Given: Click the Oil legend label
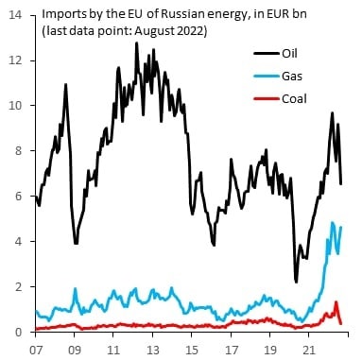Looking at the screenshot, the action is coord(289,53).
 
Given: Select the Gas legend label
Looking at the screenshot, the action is coord(292,76).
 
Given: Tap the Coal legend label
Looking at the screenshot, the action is coord(294,99).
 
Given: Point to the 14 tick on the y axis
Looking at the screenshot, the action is coord(15,15).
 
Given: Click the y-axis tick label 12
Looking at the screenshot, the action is coord(15,60).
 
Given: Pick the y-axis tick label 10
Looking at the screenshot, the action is coord(15,106).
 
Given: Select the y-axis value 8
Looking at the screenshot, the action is coord(19,150).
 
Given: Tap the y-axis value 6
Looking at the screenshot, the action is coord(19,196).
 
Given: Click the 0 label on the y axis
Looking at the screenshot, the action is coord(19,332).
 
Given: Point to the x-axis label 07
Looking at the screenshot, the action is coord(35,350).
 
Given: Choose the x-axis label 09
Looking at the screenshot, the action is coord(75,350).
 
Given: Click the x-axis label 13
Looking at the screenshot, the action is coord(153,350).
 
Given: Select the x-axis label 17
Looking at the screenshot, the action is coord(231,350).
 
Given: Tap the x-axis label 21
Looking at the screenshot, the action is coord(309,350).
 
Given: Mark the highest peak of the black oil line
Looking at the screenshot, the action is coord(136,43).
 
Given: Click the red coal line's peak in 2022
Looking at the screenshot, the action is coord(336,302).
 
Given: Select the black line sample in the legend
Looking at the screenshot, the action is coord(267,54).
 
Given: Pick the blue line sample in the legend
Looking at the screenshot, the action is coord(267,77).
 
